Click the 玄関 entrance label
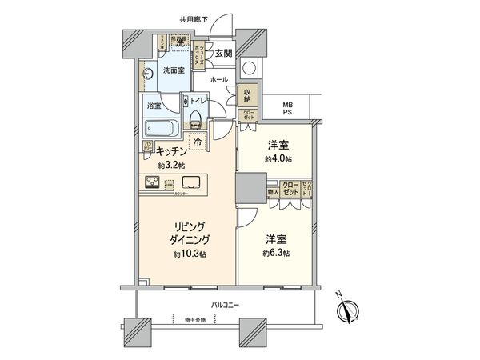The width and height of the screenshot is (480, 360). coord(224,54)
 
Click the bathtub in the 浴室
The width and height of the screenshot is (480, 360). coord(162,127)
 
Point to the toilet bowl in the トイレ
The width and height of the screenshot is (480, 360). coord(194,118)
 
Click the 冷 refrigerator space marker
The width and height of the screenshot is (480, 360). coord(197,138)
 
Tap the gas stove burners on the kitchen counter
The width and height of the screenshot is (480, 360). coord(153,182)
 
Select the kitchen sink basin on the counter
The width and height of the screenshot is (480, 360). coord(194,182)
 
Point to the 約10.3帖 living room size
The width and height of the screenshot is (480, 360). coord(186,254)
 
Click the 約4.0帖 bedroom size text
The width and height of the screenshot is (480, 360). coord(278,159)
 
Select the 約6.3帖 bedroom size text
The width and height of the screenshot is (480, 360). coord(276,253)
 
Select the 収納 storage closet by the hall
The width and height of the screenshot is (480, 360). coord(250,94)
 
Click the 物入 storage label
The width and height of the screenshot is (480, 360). coord(273,193)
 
